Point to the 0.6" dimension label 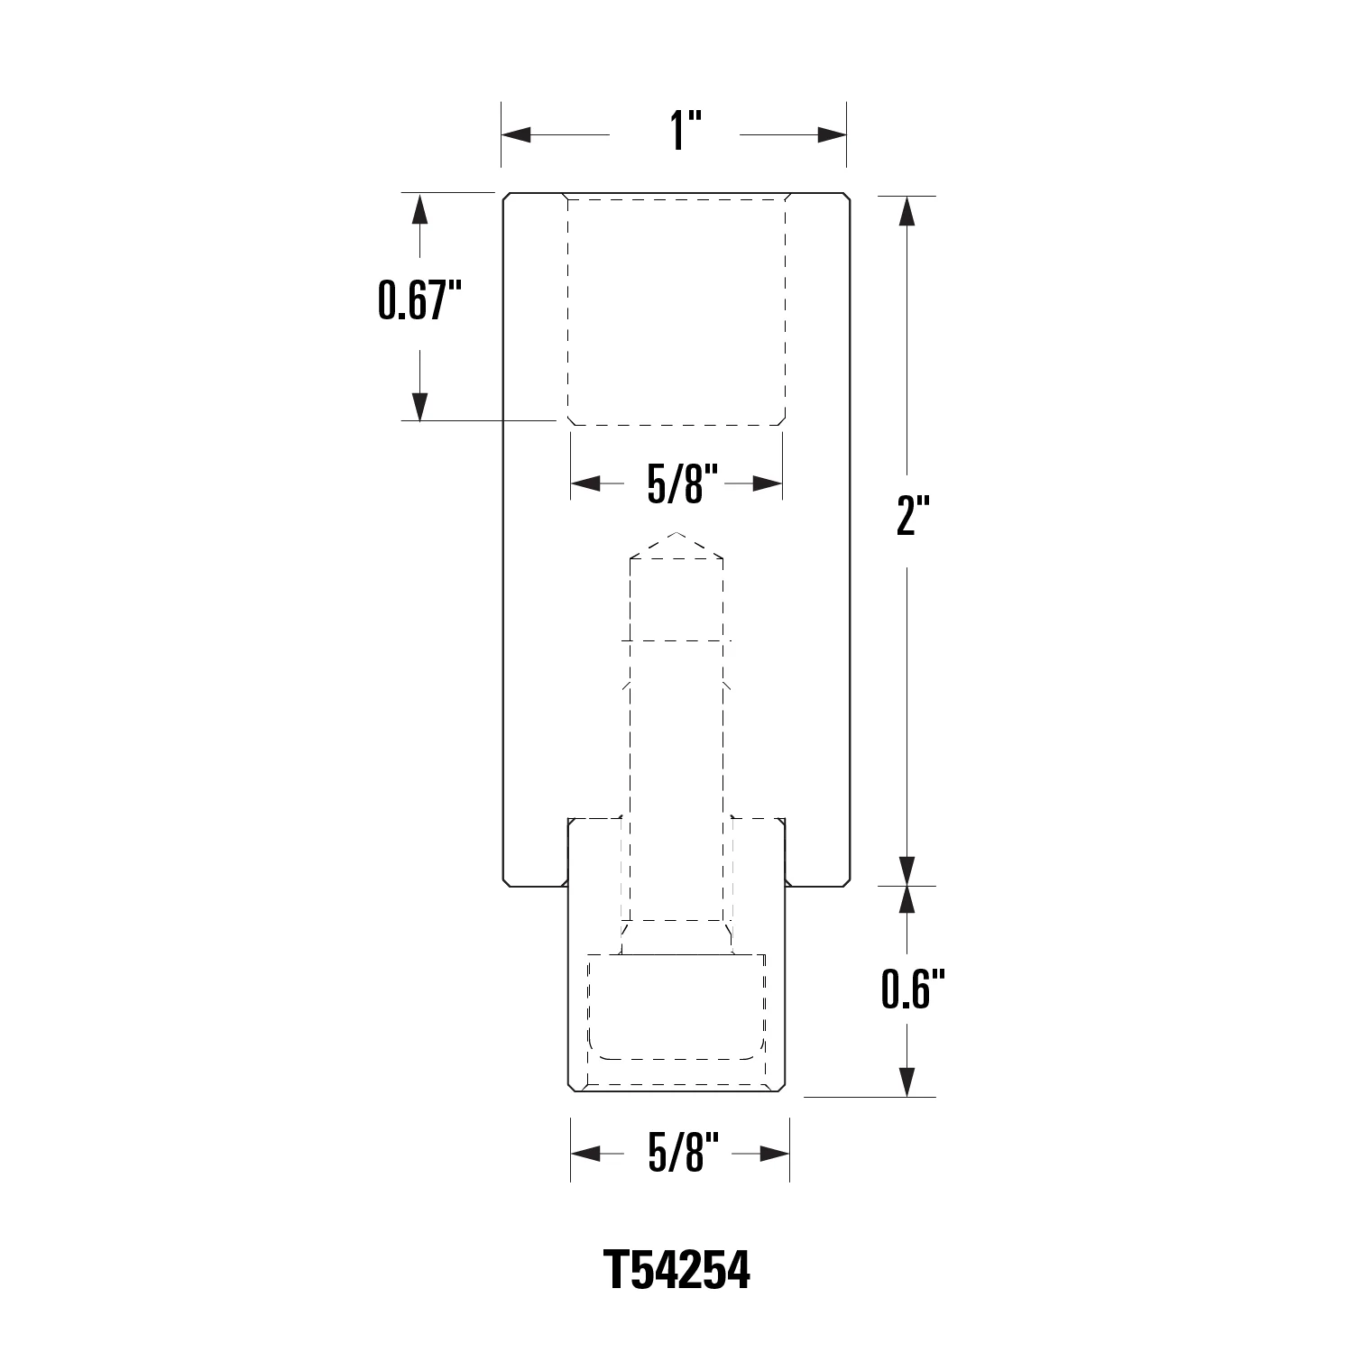[912, 988]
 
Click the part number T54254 [676, 1270]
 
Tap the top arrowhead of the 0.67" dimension [419, 209]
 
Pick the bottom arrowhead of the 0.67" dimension [419, 406]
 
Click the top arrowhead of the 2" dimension [907, 210]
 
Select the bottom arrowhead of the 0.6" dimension [907, 1082]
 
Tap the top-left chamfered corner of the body [507, 198]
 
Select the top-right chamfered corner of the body [846, 198]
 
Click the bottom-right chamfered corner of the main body [845, 881]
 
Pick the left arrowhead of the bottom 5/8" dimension [586, 1154]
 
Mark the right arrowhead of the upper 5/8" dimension [767, 484]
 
